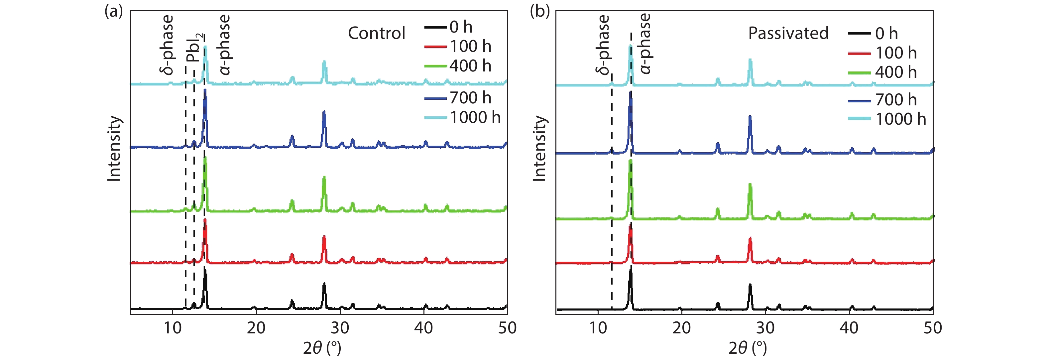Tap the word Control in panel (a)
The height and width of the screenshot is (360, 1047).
376,33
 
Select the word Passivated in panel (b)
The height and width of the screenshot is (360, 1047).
788,33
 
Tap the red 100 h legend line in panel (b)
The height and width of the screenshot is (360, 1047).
859,53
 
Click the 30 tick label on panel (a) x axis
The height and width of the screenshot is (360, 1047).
340,328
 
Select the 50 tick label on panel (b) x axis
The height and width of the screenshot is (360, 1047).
933,328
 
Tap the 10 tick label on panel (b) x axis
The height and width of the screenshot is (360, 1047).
598,328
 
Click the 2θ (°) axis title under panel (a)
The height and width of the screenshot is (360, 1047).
321,348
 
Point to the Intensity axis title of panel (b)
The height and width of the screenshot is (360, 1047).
540,148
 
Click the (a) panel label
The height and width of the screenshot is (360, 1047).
113,11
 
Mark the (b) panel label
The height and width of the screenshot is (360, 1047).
539,11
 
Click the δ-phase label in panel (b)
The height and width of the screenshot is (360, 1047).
603,45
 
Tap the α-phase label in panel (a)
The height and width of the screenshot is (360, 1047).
224,45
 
